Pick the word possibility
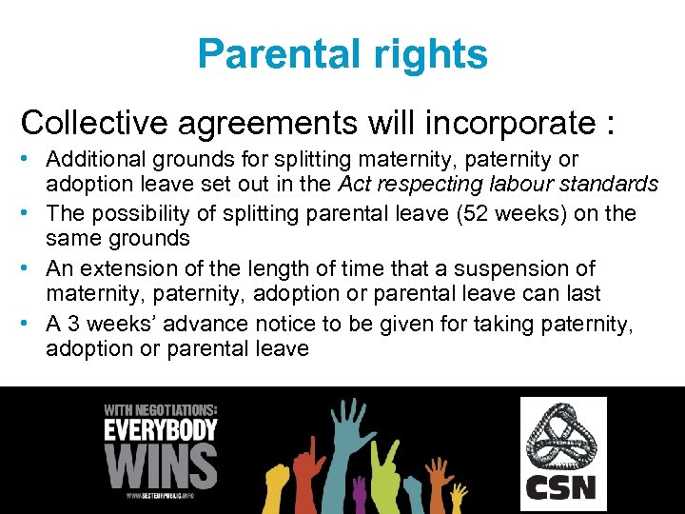(164, 213)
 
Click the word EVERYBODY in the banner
(161, 429)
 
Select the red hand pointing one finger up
(309, 466)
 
